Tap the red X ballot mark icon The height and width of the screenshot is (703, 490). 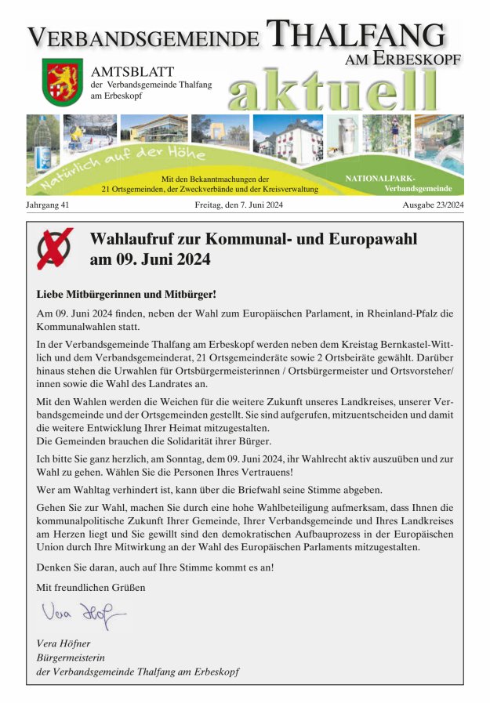[55, 248]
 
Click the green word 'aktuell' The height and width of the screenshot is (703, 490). [332, 90]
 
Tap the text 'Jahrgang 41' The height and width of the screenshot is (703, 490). [48, 205]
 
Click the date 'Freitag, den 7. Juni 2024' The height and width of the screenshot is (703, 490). [238, 205]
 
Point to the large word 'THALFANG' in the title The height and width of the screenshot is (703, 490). [355, 35]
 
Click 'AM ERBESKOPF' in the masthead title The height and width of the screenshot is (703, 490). [403, 59]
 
